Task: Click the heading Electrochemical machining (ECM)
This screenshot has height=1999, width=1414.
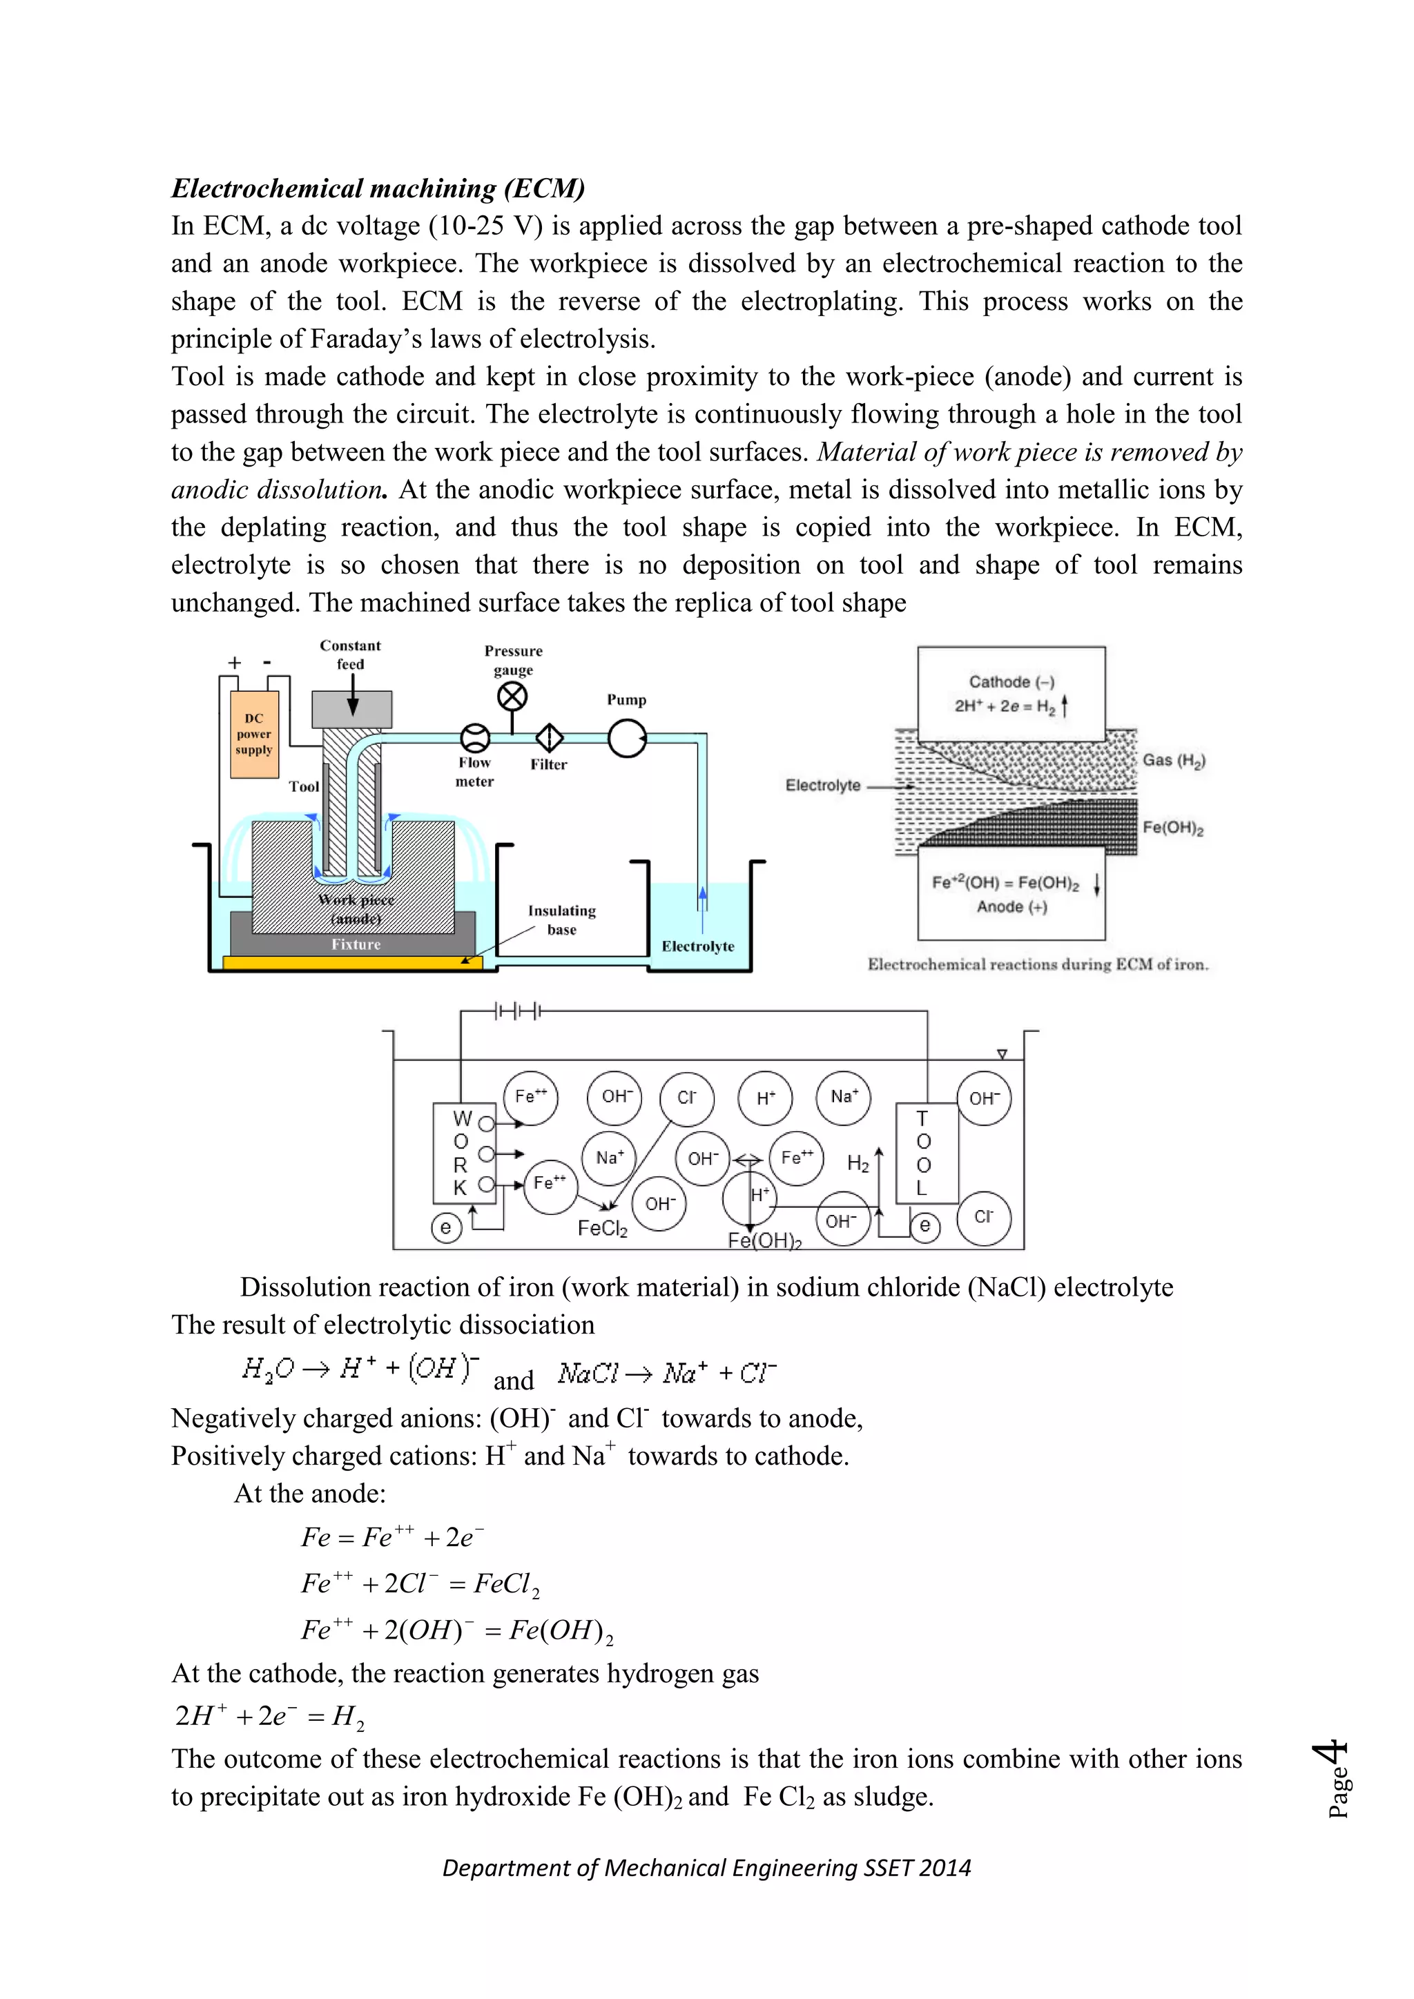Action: (377, 188)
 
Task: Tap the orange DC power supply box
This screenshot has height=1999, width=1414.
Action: (254, 734)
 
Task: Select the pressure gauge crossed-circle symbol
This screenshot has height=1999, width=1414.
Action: (512, 696)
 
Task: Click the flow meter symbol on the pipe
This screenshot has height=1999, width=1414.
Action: (474, 739)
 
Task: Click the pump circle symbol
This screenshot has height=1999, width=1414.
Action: (627, 739)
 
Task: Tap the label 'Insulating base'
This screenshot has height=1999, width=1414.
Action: (561, 919)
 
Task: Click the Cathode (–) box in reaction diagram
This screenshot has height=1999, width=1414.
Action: (1011, 692)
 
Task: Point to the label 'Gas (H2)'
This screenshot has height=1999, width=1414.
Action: (1173, 760)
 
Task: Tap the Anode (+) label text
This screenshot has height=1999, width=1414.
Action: (1011, 906)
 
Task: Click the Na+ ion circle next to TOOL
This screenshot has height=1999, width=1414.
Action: (844, 1097)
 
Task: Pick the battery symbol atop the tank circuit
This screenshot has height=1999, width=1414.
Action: (517, 1012)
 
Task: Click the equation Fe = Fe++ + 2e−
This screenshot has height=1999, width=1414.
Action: (391, 1537)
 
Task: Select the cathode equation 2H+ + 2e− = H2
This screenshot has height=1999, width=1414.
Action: (269, 1715)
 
